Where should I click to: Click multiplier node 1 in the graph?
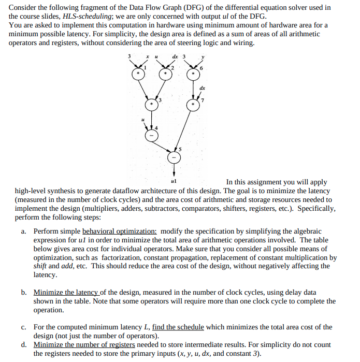(x=138, y=75)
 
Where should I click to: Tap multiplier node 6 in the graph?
(x=193, y=75)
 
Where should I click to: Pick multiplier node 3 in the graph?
(x=151, y=105)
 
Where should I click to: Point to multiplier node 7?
(x=193, y=105)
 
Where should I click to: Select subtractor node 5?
(x=174, y=157)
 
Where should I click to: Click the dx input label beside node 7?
(x=202, y=88)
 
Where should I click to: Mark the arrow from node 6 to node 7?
(x=193, y=90)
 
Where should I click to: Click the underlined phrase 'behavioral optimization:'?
(x=120, y=231)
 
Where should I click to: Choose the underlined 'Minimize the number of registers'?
(x=84, y=345)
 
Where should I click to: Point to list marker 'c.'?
(x=24, y=327)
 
